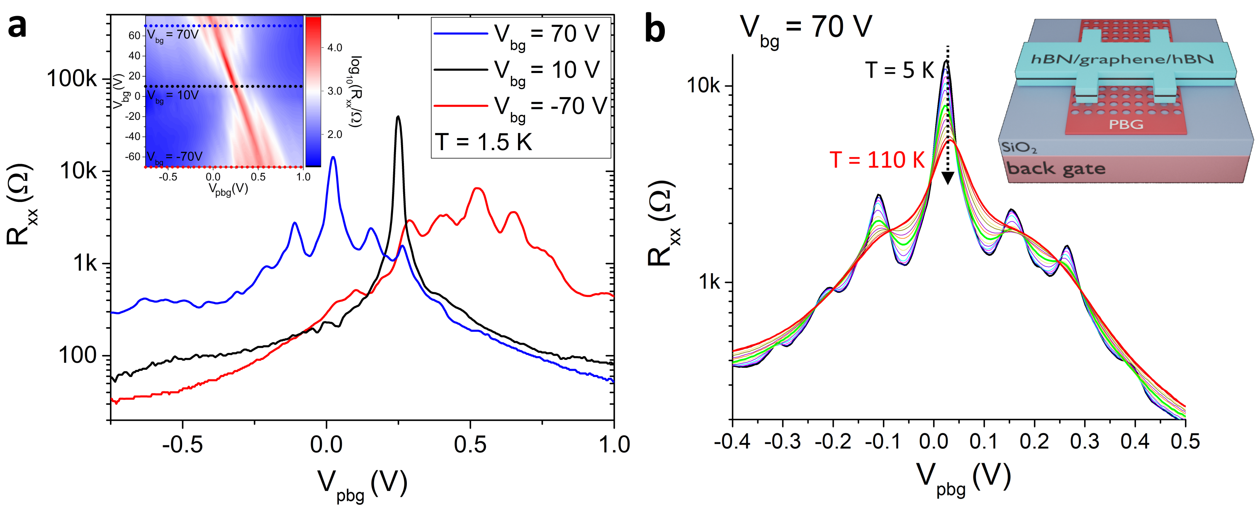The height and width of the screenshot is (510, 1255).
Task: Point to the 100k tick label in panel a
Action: (x=72, y=78)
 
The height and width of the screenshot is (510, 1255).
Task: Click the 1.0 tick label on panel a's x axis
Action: (x=614, y=444)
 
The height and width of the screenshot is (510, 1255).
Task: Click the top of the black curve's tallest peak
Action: (x=398, y=117)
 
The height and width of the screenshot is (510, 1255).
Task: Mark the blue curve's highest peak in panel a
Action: (x=333, y=157)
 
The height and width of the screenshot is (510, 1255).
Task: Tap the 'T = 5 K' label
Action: (x=899, y=70)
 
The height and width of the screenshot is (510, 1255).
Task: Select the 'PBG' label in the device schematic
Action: (x=1126, y=125)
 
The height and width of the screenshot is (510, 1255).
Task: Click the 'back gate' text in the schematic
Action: (x=1055, y=168)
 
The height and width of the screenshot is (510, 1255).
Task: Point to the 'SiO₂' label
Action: (x=1018, y=147)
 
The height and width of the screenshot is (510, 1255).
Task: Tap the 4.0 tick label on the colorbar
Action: (x=334, y=48)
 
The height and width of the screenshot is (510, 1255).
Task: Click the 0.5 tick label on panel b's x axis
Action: (x=1185, y=441)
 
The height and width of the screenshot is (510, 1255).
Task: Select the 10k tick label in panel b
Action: (x=702, y=86)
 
